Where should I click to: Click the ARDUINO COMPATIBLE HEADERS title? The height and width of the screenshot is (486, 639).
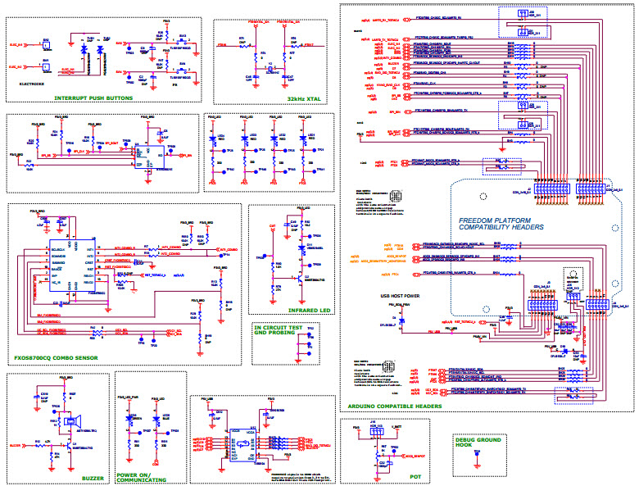pyautogui.click(x=395, y=406)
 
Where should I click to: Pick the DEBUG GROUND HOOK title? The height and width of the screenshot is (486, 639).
pyautogui.click(x=475, y=443)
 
